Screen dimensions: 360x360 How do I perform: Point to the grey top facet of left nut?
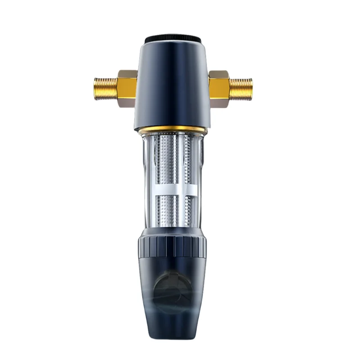point(127,72)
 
